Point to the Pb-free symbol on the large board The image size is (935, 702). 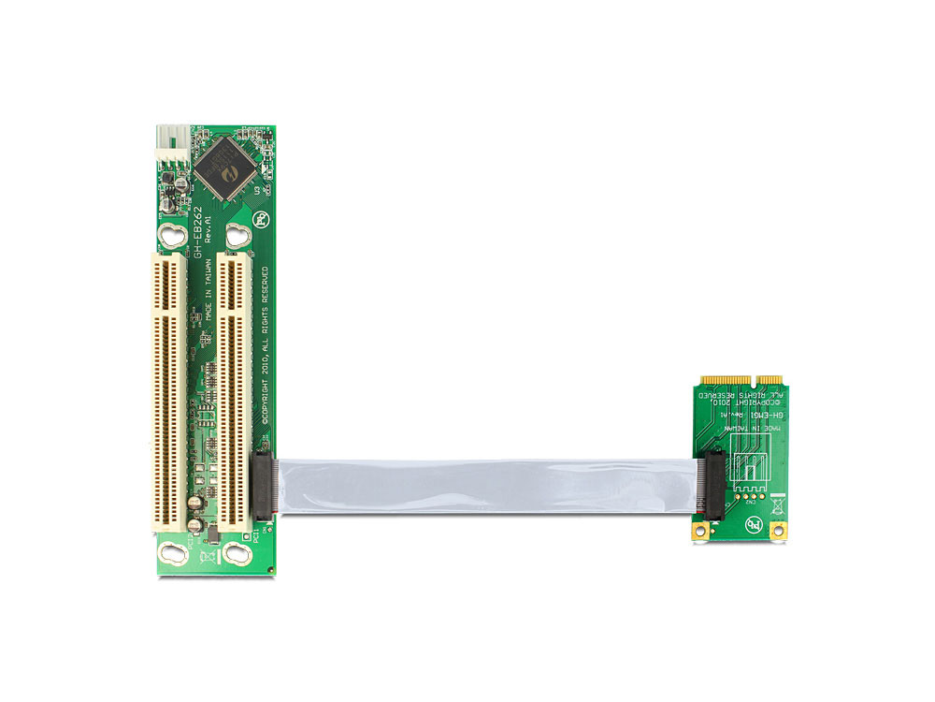pyautogui.click(x=260, y=222)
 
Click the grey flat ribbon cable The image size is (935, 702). pyautogui.click(x=486, y=486)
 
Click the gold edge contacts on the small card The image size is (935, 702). pyautogui.click(x=741, y=380)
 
